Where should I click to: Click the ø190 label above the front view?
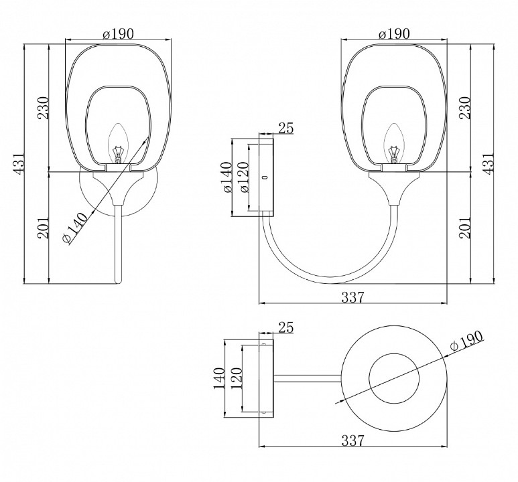click(118, 34)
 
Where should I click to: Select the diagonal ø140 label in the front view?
click(75, 228)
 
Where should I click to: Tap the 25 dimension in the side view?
click(286, 128)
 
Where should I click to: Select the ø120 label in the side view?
click(244, 177)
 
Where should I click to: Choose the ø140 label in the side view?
click(228, 177)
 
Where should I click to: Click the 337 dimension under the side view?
click(352, 297)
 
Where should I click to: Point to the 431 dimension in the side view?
click(489, 162)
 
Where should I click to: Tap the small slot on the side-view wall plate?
click(264, 178)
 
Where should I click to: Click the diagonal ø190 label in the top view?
click(467, 341)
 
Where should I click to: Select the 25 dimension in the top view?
click(286, 327)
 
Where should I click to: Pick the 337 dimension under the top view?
click(352, 440)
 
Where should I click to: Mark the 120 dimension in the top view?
click(237, 378)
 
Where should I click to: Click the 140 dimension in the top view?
click(219, 378)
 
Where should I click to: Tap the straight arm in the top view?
click(307, 378)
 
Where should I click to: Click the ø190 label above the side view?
click(394, 34)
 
